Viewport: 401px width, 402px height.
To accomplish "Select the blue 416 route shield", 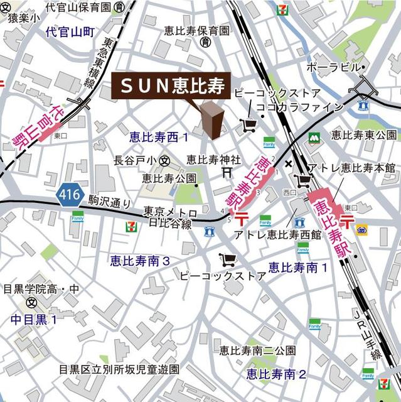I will click(70, 195).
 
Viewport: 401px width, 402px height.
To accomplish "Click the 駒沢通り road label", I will click(109, 203).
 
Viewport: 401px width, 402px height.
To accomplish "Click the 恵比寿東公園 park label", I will click(364, 134).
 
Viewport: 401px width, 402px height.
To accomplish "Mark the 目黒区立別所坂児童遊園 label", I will click(119, 369).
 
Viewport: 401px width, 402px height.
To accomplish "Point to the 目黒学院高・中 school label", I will click(41, 290).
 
